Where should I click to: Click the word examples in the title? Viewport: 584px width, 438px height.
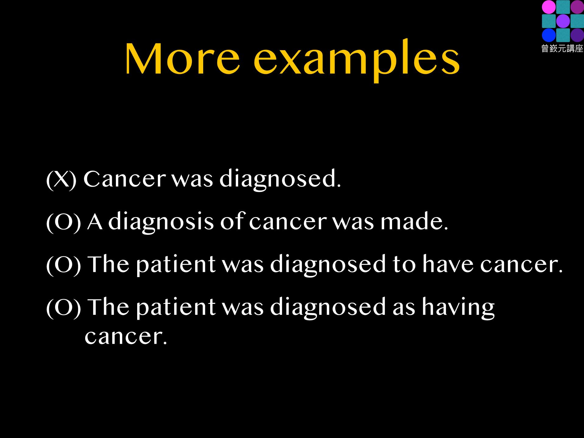[357, 61]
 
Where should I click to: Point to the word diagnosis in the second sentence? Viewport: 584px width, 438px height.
[161, 222]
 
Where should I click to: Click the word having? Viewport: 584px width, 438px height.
[458, 308]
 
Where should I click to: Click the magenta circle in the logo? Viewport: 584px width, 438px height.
[549, 7]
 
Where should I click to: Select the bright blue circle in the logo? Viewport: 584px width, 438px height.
[549, 35]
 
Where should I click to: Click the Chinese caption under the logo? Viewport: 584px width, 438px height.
[562, 49]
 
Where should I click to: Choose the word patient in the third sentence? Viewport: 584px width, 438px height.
[176, 265]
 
